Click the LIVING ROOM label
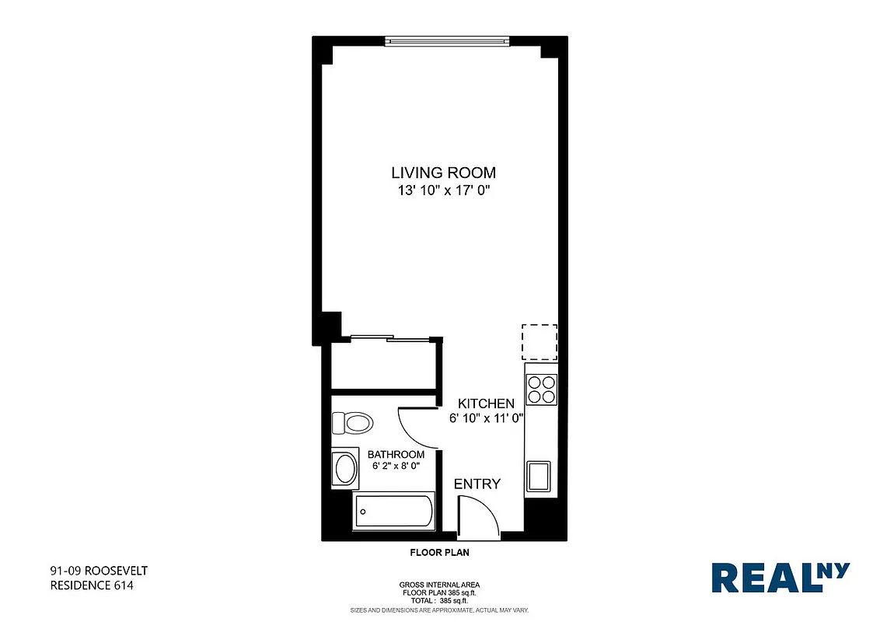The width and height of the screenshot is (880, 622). click(x=443, y=173)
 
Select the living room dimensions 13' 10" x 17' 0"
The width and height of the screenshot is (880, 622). click(x=443, y=191)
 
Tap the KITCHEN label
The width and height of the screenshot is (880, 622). click(x=486, y=404)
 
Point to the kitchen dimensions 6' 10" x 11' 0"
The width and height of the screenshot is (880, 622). click(x=487, y=418)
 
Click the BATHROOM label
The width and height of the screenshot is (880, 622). click(x=396, y=455)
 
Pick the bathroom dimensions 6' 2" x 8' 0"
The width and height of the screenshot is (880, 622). click(x=396, y=466)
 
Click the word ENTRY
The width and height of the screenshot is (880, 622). click(x=477, y=484)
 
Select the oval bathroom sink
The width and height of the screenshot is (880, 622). click(x=344, y=469)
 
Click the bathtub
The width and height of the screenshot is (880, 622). click(x=393, y=512)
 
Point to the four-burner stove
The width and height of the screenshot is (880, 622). click(x=541, y=389)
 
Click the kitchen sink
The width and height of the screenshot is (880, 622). click(x=539, y=475)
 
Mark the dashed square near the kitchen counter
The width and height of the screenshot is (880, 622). click(x=540, y=342)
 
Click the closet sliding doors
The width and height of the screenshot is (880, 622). click(x=391, y=337)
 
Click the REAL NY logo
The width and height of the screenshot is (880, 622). click(x=780, y=578)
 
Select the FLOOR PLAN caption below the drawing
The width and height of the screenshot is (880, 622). click(x=439, y=553)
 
